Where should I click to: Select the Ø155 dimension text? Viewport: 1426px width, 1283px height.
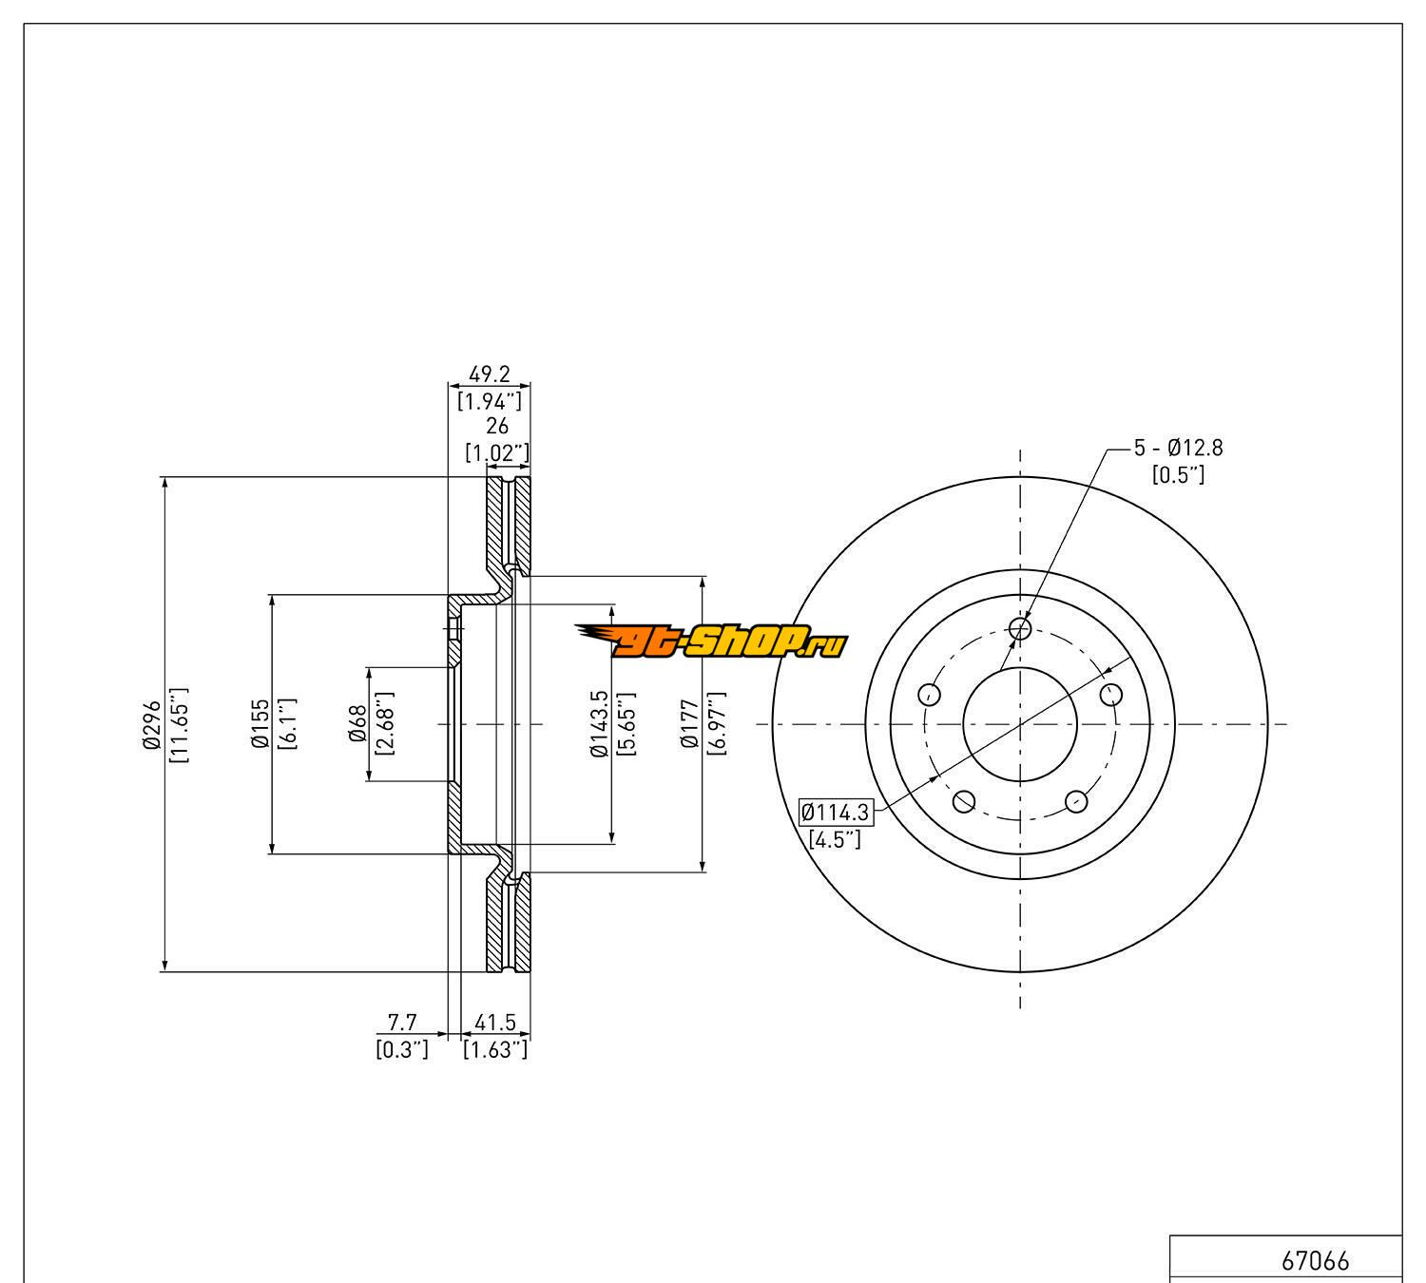pyautogui.click(x=258, y=724)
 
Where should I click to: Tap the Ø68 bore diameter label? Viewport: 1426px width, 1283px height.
pyautogui.click(x=358, y=724)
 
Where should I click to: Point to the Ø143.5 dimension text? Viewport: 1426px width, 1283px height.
pyautogui.click(x=599, y=724)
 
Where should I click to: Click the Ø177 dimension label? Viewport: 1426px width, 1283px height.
pyautogui.click(x=690, y=724)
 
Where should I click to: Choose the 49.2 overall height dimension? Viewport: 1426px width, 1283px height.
pyautogui.click(x=489, y=375)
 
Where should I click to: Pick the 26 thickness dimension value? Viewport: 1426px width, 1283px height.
pyautogui.click(x=496, y=427)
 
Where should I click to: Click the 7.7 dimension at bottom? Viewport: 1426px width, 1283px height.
pyautogui.click(x=402, y=1023)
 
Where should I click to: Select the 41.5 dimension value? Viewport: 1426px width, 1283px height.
pyautogui.click(x=494, y=1023)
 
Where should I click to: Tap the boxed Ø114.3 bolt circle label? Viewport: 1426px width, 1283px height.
pyautogui.click(x=836, y=813)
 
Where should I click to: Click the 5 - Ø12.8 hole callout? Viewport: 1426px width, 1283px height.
pyautogui.click(x=1178, y=447)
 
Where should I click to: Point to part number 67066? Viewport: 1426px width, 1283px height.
pyautogui.click(x=1315, y=1261)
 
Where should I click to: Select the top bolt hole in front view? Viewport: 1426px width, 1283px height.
pyautogui.click(x=1020, y=628)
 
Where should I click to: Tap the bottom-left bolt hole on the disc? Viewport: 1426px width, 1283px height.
pyautogui.click(x=963, y=801)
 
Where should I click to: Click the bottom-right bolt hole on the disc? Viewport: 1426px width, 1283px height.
pyautogui.click(x=1076, y=801)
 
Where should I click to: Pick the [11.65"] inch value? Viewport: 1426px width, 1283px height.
pyautogui.click(x=178, y=724)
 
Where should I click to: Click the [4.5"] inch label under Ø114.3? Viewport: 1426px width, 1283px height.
pyautogui.click(x=834, y=839)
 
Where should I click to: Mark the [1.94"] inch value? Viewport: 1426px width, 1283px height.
pyautogui.click(x=489, y=400)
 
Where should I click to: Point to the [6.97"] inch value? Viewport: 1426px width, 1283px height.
pyautogui.click(x=716, y=724)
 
